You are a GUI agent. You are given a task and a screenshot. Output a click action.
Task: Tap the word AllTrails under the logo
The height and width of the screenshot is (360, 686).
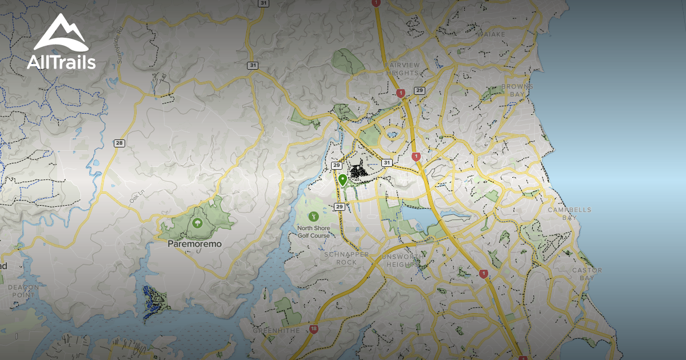(61, 62)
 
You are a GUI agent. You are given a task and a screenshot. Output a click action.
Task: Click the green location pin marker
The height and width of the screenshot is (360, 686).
(342, 181)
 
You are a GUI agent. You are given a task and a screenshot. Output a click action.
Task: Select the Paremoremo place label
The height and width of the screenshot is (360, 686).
(194, 243)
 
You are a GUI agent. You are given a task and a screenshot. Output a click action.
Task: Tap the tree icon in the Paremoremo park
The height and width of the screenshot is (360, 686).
(197, 223)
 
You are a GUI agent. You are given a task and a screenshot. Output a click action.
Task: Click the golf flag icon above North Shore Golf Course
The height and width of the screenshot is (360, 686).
(313, 217)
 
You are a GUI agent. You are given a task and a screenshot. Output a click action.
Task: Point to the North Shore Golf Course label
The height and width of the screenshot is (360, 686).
(313, 231)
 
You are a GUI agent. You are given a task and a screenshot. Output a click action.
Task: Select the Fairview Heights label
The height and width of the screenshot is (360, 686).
(402, 69)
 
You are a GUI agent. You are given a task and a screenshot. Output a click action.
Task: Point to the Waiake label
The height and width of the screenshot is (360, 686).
(491, 34)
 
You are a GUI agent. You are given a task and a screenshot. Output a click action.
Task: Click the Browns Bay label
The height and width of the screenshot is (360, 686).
(517, 90)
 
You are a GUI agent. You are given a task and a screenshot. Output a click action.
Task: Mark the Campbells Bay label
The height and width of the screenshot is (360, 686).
(569, 214)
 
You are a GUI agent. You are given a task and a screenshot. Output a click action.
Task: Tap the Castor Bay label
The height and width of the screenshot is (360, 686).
(587, 274)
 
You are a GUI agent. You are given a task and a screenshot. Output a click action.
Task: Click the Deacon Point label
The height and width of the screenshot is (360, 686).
(23, 291)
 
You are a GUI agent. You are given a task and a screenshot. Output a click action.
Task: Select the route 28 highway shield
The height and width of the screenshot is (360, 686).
(119, 143)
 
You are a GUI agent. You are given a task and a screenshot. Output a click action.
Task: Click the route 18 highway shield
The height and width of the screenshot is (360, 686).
(314, 329)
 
